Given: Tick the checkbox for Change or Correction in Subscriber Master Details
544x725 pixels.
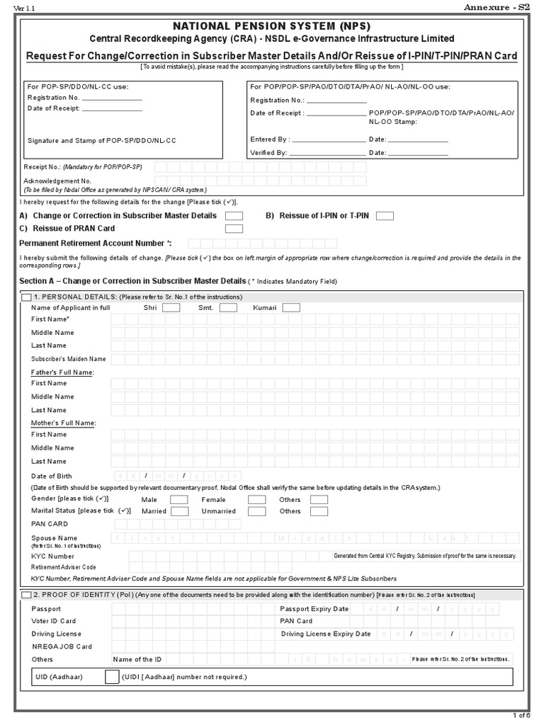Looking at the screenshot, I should click(x=234, y=216).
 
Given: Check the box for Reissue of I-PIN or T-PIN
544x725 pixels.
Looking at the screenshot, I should click(x=385, y=216).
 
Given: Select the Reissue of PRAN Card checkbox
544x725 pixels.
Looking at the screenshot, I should click(x=234, y=229).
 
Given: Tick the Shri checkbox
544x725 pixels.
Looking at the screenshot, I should click(x=171, y=307).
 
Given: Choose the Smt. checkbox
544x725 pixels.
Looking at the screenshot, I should click(x=227, y=307).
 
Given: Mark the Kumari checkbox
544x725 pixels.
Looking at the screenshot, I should click(x=290, y=307).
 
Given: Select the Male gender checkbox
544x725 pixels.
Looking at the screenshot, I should click(x=178, y=500).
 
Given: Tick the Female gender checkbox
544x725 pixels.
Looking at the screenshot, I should click(x=256, y=500).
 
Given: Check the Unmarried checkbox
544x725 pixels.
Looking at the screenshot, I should click(x=256, y=511).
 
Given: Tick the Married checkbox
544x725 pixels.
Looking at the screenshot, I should click(x=178, y=511).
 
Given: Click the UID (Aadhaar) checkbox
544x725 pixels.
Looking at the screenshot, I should click(x=112, y=677).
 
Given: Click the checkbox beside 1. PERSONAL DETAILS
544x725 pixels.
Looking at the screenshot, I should click(x=26, y=297).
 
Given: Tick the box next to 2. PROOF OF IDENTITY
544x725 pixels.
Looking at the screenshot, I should click(x=26, y=594).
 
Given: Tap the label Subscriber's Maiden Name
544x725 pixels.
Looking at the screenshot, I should click(x=68, y=359).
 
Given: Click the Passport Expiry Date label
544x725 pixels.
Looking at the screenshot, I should click(x=314, y=609).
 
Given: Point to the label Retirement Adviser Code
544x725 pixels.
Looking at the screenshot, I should click(x=63, y=567).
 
